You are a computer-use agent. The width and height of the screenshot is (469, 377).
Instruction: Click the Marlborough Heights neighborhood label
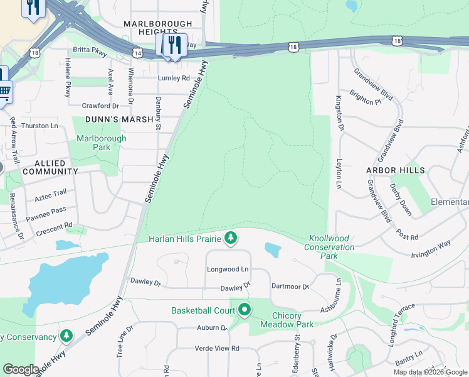pyautogui.click(x=157, y=28)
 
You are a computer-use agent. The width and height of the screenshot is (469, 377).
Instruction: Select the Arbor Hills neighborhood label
pyautogui.click(x=396, y=170)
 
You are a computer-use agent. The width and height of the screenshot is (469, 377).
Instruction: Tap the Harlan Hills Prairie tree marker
pyautogui.click(x=232, y=238)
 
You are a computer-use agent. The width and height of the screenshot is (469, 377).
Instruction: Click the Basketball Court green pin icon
pyautogui.click(x=244, y=310)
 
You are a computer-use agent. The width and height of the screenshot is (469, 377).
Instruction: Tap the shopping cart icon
pyautogui.click(x=4, y=91)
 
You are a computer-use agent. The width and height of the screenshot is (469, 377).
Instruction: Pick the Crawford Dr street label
pyautogui.click(x=100, y=106)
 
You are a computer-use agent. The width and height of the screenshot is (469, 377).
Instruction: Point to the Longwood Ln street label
pyautogui.click(x=228, y=269)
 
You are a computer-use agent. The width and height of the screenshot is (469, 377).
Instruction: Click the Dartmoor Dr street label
pyautogui.click(x=290, y=287)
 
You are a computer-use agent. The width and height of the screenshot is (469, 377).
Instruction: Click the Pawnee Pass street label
pyautogui.click(x=45, y=214)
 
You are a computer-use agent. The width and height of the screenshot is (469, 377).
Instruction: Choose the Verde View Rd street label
pyautogui.click(x=217, y=348)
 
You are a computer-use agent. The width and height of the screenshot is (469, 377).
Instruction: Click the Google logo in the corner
pyautogui.click(x=21, y=369)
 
